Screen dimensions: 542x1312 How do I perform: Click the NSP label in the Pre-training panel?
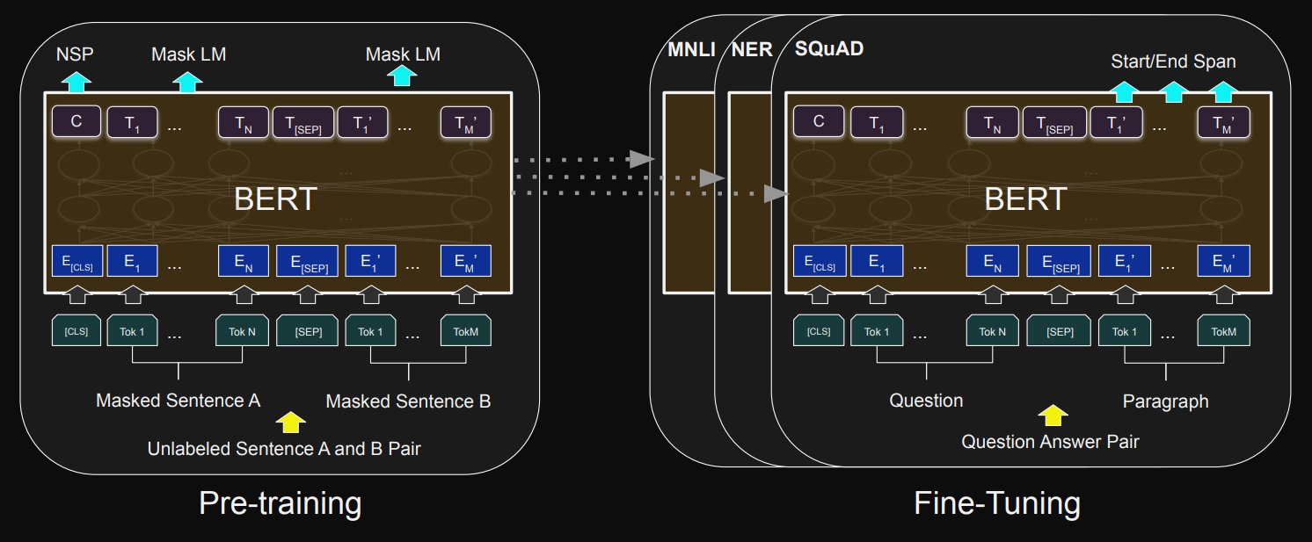pyautogui.click(x=75, y=54)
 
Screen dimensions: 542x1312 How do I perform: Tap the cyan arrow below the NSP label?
pyautogui.click(x=77, y=83)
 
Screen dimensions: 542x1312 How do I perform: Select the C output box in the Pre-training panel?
pyautogui.click(x=77, y=122)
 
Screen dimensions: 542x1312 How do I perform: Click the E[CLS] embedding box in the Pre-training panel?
pyautogui.click(x=77, y=261)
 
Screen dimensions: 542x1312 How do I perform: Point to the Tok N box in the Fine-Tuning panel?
pyautogui.click(x=993, y=331)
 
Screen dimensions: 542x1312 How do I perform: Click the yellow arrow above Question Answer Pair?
pyautogui.click(x=1052, y=415)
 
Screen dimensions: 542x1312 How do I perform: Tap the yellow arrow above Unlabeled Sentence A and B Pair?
pyautogui.click(x=289, y=423)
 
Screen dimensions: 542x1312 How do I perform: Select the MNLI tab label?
pyautogui.click(x=691, y=50)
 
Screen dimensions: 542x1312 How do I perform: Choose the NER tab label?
pyautogui.click(x=752, y=50)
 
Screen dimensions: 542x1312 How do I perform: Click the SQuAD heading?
pyautogui.click(x=828, y=49)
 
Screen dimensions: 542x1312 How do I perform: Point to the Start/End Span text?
pyautogui.click(x=1173, y=61)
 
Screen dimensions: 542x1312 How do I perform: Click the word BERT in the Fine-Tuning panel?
pyautogui.click(x=1025, y=199)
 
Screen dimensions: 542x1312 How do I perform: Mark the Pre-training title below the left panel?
pyautogui.click(x=280, y=503)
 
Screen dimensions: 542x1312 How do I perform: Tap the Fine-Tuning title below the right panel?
pyautogui.click(x=997, y=503)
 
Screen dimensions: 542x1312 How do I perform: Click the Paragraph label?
pyautogui.click(x=1165, y=401)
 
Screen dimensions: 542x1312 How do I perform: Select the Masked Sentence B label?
pyautogui.click(x=408, y=401)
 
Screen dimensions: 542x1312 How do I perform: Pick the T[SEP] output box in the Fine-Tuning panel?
pyautogui.click(x=1053, y=123)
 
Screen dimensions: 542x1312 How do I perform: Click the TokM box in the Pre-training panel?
pyautogui.click(x=466, y=331)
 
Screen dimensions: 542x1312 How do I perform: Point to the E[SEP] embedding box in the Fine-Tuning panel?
pyautogui.click(x=1058, y=261)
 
